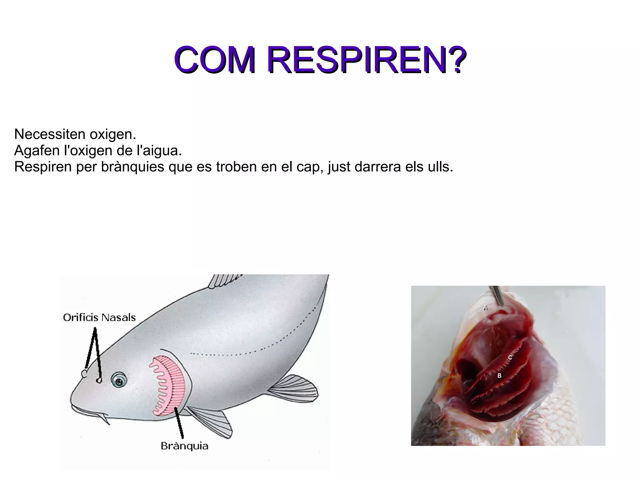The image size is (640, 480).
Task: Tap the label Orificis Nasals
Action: coord(99,318)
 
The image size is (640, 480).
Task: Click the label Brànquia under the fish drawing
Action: coord(184,446)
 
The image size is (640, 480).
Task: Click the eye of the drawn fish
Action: coord(119,380)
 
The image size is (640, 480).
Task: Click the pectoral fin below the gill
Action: coord(212,422)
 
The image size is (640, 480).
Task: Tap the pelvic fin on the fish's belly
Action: coord(294,389)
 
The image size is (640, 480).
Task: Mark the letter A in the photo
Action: coord(485,308)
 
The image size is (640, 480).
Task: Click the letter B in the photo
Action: coord(499,375)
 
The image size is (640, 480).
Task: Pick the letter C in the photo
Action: coord(510,357)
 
